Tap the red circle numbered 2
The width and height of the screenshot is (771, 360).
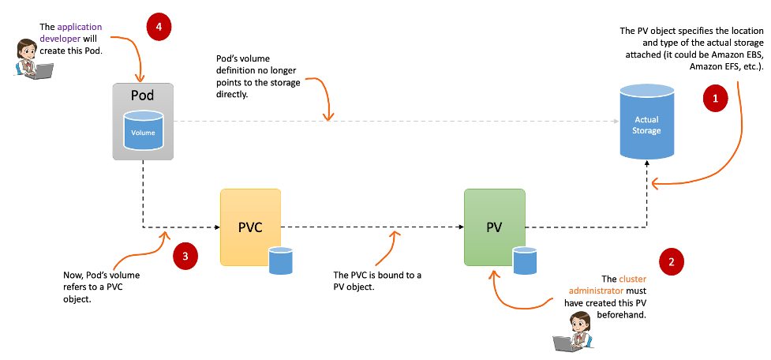click(x=671, y=261)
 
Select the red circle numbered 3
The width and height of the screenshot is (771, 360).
click(x=185, y=256)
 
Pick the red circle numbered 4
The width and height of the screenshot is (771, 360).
click(x=159, y=26)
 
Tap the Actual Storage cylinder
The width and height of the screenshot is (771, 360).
click(x=646, y=122)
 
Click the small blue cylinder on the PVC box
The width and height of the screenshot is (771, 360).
click(x=280, y=260)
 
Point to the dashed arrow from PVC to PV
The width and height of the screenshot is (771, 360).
click(x=371, y=227)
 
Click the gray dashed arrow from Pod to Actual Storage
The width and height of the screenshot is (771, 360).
click(x=395, y=122)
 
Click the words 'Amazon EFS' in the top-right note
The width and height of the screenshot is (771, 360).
click(x=717, y=67)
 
